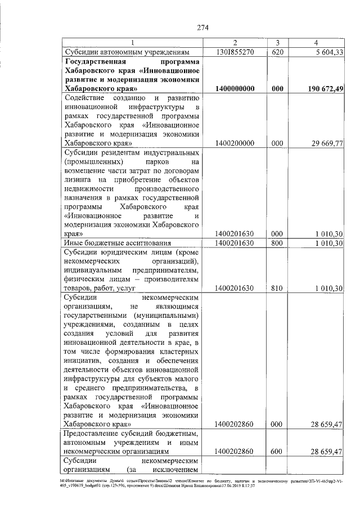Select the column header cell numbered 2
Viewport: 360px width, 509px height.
235,43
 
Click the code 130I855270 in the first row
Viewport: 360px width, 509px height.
235,52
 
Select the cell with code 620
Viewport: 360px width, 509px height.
277,52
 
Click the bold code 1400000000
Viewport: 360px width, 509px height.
235,89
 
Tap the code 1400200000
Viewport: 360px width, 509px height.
235,143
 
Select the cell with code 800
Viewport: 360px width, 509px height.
277,243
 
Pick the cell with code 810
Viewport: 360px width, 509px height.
277,289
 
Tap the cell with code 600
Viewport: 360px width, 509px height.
277,451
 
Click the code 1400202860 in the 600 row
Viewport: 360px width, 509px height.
235,451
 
